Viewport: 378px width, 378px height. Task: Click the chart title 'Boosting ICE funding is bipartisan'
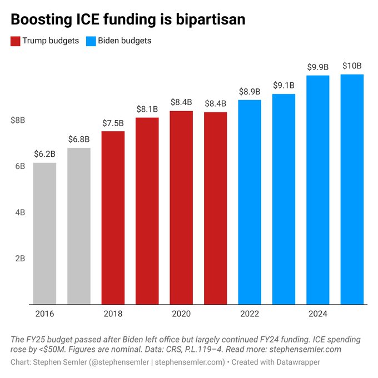[128, 19]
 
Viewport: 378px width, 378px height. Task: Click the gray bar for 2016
[44, 233]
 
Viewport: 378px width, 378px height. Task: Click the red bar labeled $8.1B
[147, 211]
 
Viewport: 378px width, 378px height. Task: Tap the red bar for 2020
[181, 208]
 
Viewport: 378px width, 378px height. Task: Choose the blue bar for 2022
[250, 202]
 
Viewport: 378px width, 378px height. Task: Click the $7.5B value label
[113, 123]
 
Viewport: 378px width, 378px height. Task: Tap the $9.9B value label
[318, 67]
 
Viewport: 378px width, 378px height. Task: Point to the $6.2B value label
[44, 154]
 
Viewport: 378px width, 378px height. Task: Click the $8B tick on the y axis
[18, 120]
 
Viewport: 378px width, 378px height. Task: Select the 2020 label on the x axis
[181, 314]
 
